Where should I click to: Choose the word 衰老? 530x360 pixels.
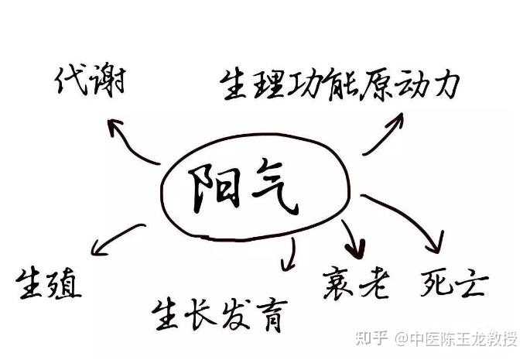point(356,283)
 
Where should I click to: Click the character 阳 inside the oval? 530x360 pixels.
point(211,190)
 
